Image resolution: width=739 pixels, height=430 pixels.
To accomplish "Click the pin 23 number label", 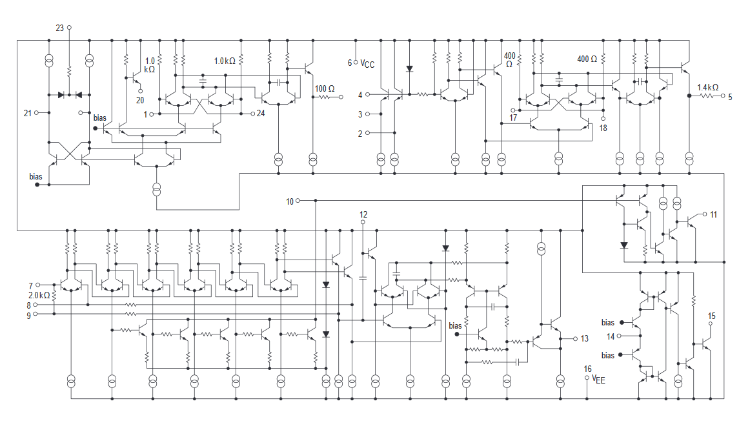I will click(60, 28).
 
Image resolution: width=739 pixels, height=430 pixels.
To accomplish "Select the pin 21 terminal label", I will click(28, 113).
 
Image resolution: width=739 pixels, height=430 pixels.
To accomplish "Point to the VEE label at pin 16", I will click(599, 380).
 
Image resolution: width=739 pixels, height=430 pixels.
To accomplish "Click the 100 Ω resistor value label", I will click(325, 88).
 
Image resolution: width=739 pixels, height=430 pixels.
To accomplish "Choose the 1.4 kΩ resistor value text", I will click(708, 87).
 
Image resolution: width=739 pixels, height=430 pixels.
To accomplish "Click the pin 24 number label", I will click(261, 114).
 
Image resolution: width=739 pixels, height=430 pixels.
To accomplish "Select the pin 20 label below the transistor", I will click(140, 100).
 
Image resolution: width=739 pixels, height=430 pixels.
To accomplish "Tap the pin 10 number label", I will click(290, 201).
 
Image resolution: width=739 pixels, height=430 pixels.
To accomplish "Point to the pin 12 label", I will click(363, 214).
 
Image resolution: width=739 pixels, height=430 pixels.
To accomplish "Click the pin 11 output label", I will click(713, 214).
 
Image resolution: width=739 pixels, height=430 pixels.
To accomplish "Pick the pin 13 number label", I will click(585, 338).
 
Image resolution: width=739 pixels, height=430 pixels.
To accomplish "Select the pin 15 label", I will click(712, 316).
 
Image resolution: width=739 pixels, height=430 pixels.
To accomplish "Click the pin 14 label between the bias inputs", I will click(611, 336).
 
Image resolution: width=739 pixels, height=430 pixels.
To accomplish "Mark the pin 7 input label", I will click(30, 285).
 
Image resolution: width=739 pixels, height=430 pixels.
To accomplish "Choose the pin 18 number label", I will click(603, 128).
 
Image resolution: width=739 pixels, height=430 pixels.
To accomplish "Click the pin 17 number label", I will click(513, 118).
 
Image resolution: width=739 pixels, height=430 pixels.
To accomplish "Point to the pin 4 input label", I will click(360, 95).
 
